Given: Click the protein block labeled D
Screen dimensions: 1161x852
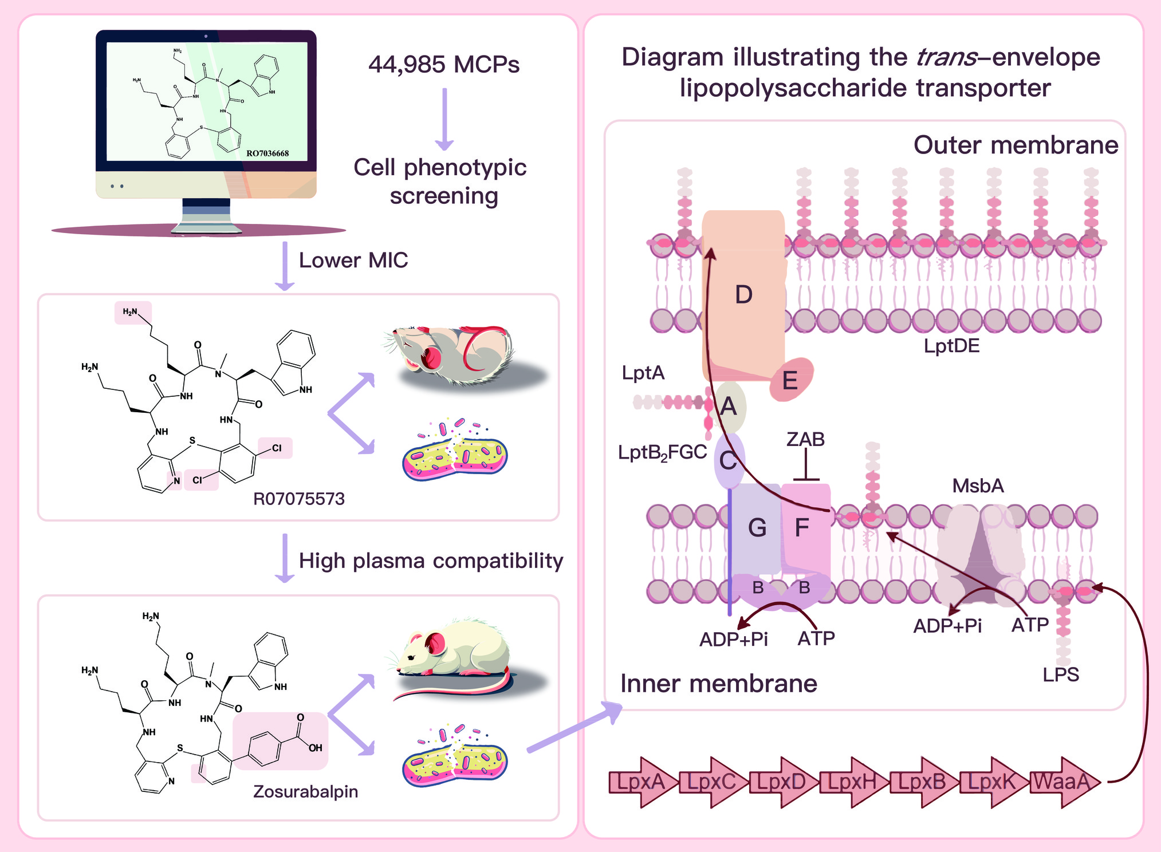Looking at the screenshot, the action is pyautogui.click(x=743, y=295).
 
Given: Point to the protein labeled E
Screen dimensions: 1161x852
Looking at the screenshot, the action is pyautogui.click(x=790, y=380).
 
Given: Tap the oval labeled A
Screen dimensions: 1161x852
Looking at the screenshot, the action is pyautogui.click(x=729, y=407).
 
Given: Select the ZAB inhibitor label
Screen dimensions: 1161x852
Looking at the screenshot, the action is pyautogui.click(x=805, y=439).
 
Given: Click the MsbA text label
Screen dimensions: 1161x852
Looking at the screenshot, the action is pyautogui.click(x=978, y=486).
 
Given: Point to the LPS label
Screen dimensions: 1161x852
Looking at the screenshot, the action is pyautogui.click(x=1061, y=674).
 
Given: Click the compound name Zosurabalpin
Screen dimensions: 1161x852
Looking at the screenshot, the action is pyautogui.click(x=305, y=791).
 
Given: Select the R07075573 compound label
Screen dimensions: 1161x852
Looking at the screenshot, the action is pyautogui.click(x=298, y=499).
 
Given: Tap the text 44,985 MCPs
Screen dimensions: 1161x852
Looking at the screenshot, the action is pyautogui.click(x=444, y=64).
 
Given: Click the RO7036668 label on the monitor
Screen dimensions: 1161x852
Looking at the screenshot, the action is pyautogui.click(x=267, y=153).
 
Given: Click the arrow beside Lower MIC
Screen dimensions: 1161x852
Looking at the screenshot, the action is pyautogui.click(x=285, y=266).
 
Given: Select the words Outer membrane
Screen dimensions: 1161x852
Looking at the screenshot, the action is pyautogui.click(x=1016, y=145).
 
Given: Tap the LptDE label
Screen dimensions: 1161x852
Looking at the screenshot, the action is pyautogui.click(x=951, y=346).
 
